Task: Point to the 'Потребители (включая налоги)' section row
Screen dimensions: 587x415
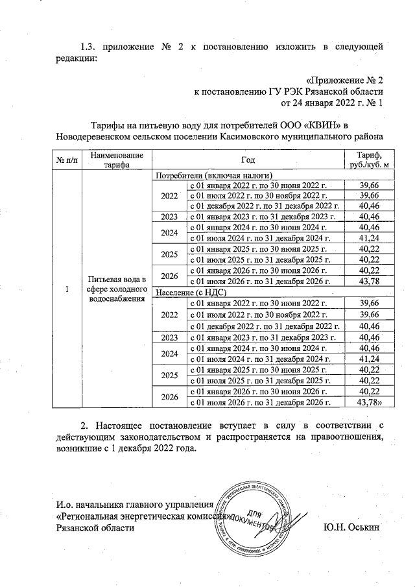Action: (208, 175)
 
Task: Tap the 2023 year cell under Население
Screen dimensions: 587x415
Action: (169, 337)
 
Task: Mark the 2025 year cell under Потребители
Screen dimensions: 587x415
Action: (169, 254)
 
